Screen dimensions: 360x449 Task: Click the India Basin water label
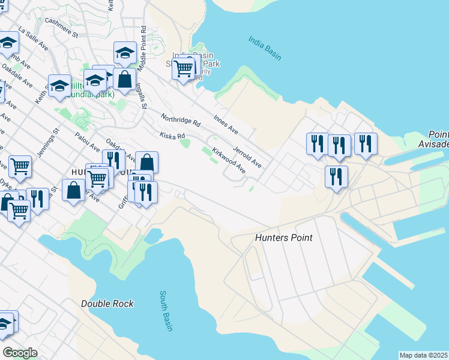(265, 47)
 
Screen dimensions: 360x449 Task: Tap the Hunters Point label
(284, 238)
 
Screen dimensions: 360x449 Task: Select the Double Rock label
(107, 304)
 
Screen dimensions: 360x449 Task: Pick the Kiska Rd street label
(172, 137)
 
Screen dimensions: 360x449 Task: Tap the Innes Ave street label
(226, 124)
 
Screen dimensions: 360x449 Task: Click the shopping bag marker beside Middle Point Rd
(124, 79)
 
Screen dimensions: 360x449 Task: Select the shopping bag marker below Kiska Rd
(147, 162)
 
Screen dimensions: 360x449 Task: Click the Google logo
(20, 353)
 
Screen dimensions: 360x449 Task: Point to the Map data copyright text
(424, 355)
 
